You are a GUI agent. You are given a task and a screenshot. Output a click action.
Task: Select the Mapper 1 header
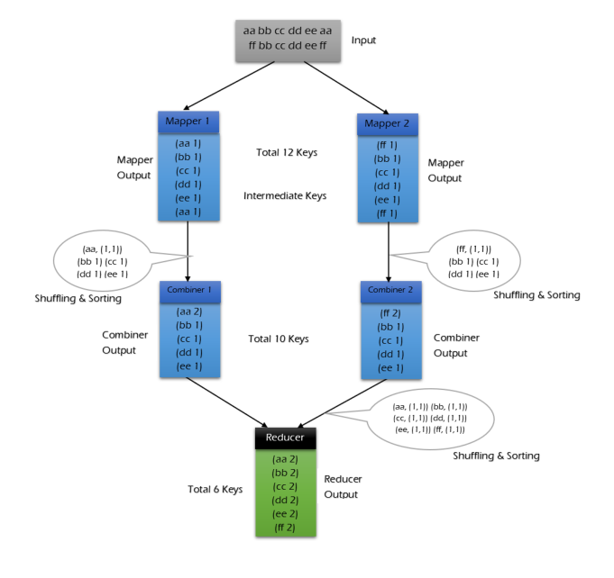(x=188, y=121)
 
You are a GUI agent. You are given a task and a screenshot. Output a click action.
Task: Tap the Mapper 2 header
(x=388, y=123)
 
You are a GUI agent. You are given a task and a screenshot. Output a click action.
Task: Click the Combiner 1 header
(x=190, y=291)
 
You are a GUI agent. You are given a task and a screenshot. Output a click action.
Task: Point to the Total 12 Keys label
(x=286, y=152)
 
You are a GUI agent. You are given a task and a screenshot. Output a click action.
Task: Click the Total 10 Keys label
(x=279, y=339)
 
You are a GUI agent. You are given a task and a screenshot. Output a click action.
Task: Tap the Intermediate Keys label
(x=286, y=195)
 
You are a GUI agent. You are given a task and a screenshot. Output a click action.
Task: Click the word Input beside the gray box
(x=363, y=41)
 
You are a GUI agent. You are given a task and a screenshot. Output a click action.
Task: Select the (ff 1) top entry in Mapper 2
(x=388, y=143)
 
